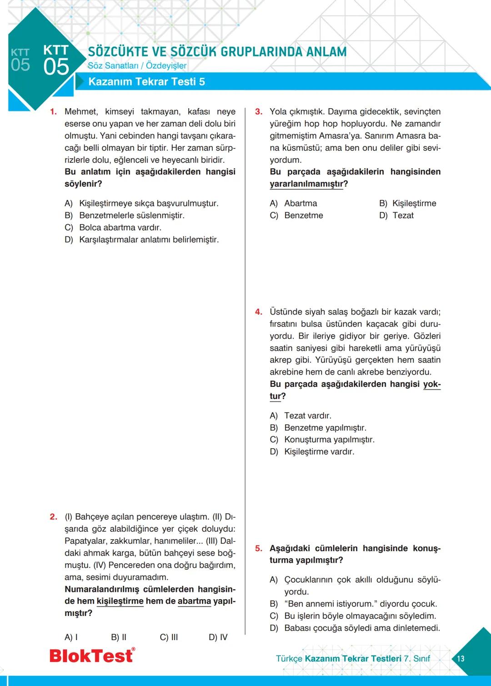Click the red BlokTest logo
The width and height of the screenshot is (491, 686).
coord(92,656)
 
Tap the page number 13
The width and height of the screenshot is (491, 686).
coord(461,658)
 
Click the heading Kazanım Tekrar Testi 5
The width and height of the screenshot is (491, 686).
coord(146,82)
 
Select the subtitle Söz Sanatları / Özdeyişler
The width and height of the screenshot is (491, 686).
coord(137,66)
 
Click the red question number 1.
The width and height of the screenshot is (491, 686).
coord(53,112)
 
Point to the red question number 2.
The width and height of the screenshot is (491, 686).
coord(53,517)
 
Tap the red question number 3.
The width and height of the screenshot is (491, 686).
coord(258,112)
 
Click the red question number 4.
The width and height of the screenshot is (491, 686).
coord(258,312)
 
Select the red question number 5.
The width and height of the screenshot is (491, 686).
coord(258,548)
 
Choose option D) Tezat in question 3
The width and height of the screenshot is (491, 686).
coord(396,215)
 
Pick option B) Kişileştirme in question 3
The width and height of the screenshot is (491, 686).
coord(407,203)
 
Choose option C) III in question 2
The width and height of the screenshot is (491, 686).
coord(169,637)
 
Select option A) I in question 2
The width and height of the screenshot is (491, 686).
coord(71,637)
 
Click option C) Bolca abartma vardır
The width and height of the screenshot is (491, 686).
coord(113,227)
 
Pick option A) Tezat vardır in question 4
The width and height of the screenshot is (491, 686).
coord(301,416)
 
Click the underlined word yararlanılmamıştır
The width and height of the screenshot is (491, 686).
coord(306,184)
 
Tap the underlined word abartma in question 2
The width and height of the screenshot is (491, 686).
coord(194,601)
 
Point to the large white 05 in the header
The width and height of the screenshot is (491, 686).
coord(56,67)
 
